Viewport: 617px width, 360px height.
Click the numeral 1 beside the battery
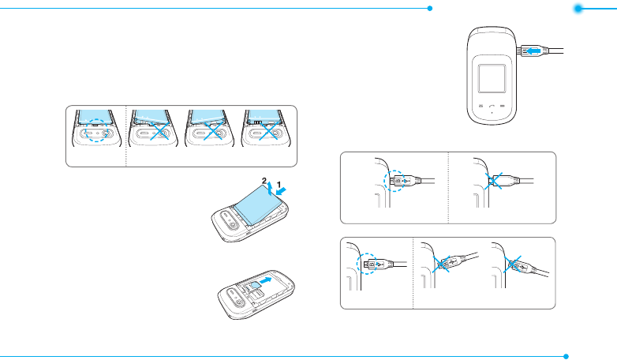pyautogui.click(x=279, y=184)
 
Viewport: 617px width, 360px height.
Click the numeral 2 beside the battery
pyautogui.click(x=264, y=181)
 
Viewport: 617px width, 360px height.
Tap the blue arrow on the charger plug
pyautogui.click(x=534, y=51)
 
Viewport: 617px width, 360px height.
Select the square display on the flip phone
pyautogui.click(x=492, y=79)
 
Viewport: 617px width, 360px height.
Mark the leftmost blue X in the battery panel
pyautogui.click(x=159, y=130)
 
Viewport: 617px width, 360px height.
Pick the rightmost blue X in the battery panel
pyautogui.click(x=270, y=130)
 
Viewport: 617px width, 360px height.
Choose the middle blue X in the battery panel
pyautogui.click(x=213, y=130)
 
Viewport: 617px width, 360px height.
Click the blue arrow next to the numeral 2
pyautogui.click(x=270, y=188)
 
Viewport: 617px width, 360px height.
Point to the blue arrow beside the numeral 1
pyautogui.click(x=282, y=191)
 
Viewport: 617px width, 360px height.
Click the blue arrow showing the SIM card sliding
pyautogui.click(x=266, y=280)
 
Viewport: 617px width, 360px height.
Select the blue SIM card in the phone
pyautogui.click(x=254, y=286)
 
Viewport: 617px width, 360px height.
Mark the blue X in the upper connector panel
pyautogui.click(x=493, y=181)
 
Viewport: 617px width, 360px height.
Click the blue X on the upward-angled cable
pyautogui.click(x=441, y=264)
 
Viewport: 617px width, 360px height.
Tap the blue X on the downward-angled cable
pyautogui.click(x=512, y=264)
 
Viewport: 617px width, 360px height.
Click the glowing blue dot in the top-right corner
pyautogui.click(x=578, y=9)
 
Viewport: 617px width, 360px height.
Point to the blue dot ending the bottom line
pyautogui.click(x=566, y=357)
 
